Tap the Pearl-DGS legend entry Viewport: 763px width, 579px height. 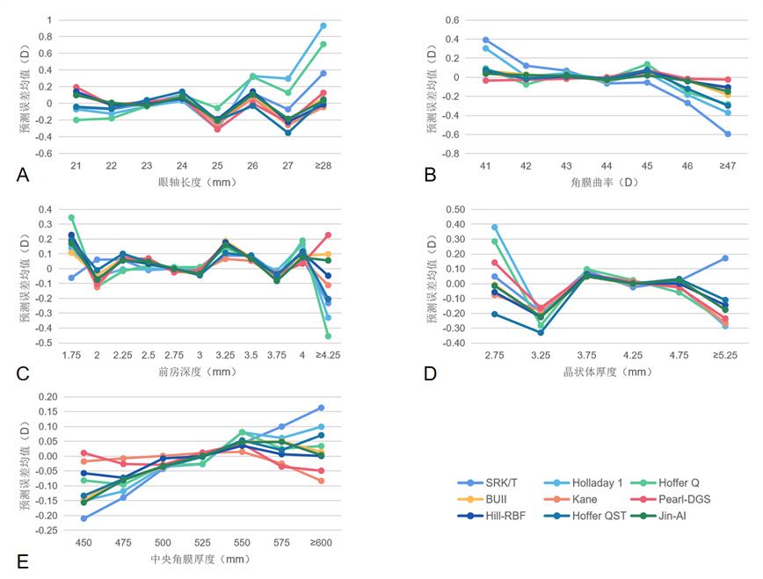[x=687, y=499]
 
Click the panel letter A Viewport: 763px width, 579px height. [x=24, y=175]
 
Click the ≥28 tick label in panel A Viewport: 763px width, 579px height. [x=323, y=165]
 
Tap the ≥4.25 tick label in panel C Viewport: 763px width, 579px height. [x=327, y=354]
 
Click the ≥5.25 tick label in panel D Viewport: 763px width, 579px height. [x=726, y=354]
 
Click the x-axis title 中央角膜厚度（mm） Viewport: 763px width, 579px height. [x=200, y=560]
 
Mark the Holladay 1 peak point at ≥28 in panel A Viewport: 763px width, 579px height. [x=323, y=25]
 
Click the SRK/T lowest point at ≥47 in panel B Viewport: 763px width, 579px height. [x=729, y=134]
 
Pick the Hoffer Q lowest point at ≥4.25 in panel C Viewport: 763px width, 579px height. [x=328, y=336]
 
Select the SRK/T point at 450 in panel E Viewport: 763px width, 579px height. [x=84, y=518]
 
